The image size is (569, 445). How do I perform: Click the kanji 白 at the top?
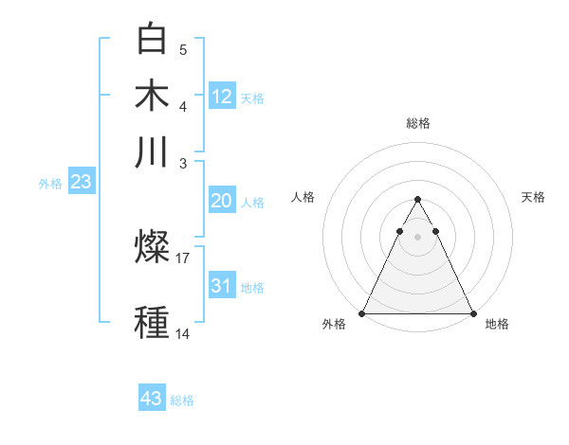(x=153, y=39)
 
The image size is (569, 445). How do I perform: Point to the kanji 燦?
(x=153, y=248)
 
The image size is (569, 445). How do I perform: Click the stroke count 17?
(x=183, y=257)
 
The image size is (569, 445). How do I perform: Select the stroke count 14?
(x=183, y=333)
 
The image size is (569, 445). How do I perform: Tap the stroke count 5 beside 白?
(x=183, y=49)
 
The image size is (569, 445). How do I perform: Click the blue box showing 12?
(x=222, y=96)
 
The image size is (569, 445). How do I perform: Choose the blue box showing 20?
(x=221, y=201)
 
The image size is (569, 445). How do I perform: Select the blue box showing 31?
(x=221, y=286)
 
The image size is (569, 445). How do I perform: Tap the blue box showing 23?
(x=81, y=183)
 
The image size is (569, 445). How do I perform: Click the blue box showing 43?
(x=152, y=399)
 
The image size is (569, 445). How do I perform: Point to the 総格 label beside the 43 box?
(x=182, y=400)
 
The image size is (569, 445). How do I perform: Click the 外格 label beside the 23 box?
(x=50, y=184)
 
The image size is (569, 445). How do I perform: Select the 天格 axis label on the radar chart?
(x=534, y=197)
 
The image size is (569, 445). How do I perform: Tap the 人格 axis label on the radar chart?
(x=303, y=197)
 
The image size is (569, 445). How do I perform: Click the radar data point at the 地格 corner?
(x=472, y=313)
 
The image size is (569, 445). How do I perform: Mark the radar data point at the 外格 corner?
(x=362, y=313)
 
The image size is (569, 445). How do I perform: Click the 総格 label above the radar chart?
(x=417, y=123)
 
